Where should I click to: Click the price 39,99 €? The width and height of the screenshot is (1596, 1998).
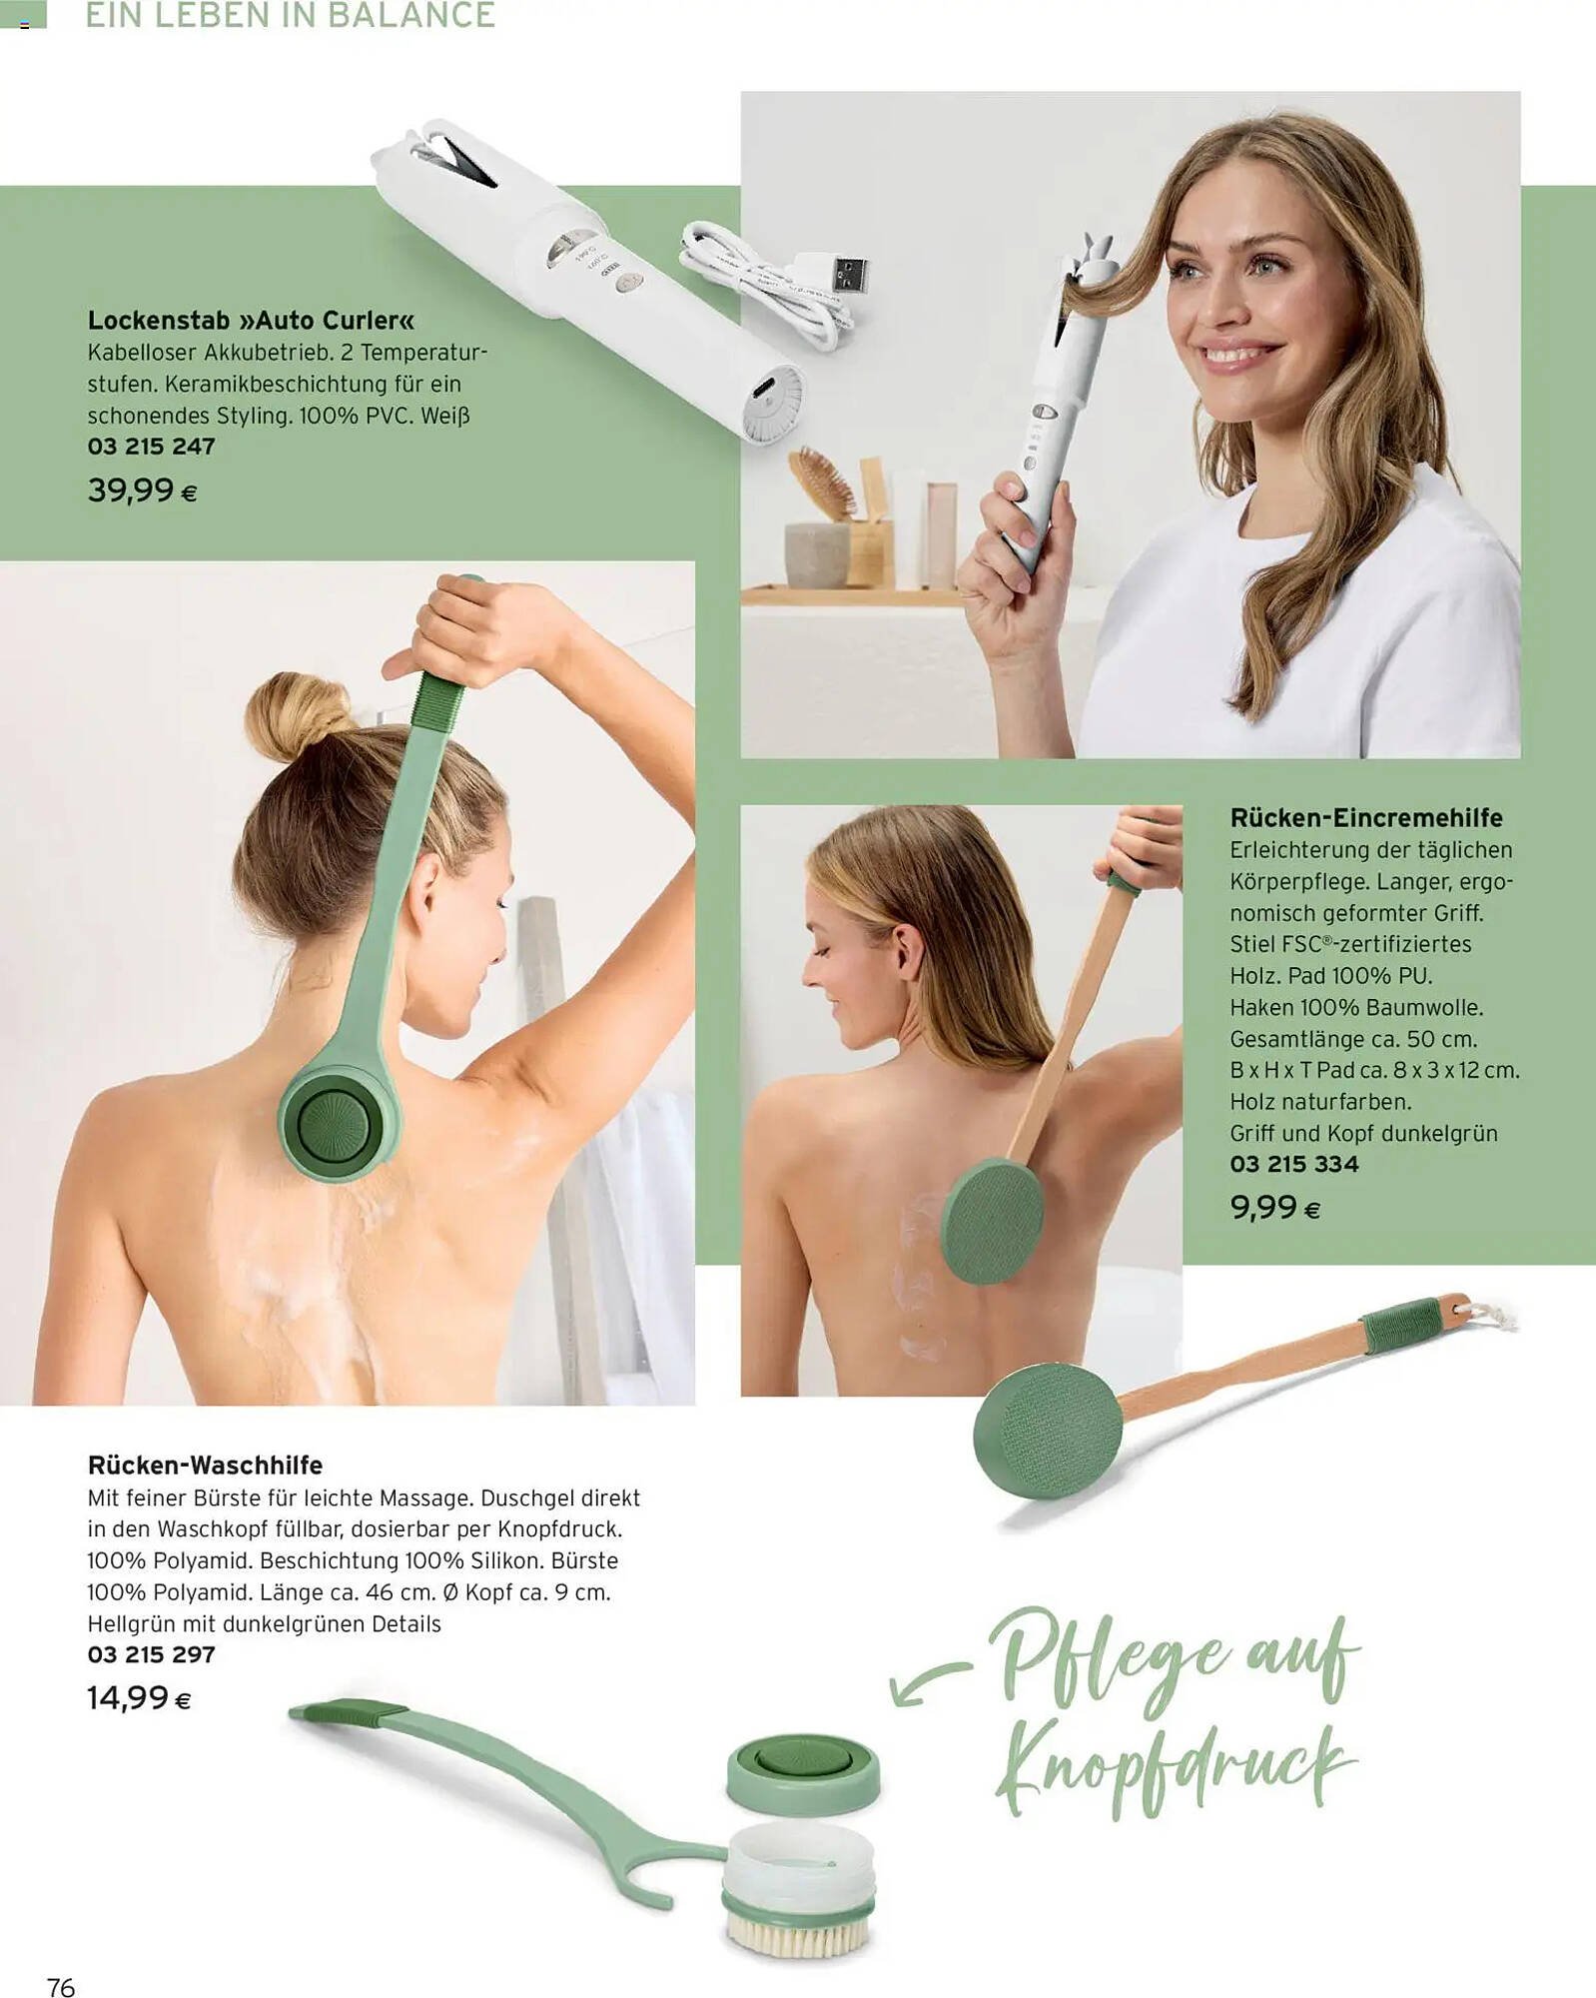pos(142,491)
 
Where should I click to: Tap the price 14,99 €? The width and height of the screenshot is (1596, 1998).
pos(139,1697)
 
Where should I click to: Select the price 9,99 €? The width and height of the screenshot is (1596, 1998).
pos(1274,1208)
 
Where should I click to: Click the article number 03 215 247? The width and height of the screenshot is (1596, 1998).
pos(151,447)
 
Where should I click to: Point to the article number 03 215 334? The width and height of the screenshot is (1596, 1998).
pos(1293,1164)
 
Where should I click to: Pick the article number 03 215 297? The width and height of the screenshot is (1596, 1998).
pos(151,1654)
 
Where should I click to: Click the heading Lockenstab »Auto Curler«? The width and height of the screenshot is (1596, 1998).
pos(251,321)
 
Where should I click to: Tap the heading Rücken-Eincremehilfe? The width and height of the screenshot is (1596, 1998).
pos(1365,817)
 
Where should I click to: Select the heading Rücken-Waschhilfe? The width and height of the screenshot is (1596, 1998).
pos(205,1465)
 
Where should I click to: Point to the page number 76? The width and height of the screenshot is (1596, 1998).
pos(61,1960)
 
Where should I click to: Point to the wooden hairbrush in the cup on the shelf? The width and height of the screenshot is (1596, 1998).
pos(823,482)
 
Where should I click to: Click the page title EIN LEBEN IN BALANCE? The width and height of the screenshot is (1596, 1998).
pos(290,15)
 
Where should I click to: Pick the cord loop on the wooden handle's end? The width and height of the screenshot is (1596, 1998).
pos(1486,1312)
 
